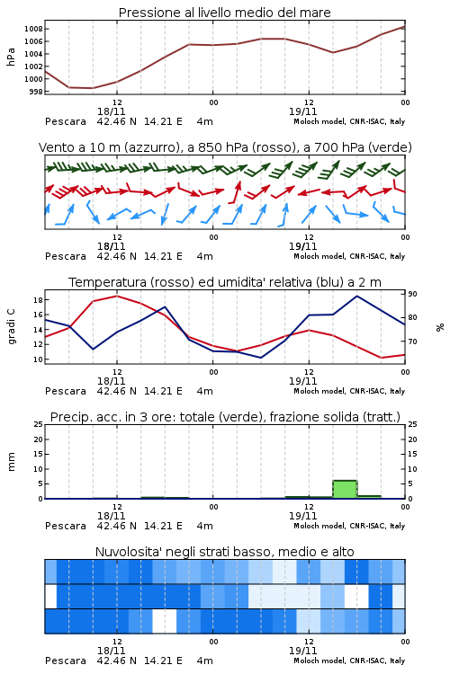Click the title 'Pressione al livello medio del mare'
coord(224,13)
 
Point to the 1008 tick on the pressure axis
coord(33,30)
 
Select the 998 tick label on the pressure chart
coord(36,92)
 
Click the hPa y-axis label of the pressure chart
coord(11,57)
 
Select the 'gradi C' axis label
coord(12,327)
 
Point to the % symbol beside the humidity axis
coord(440,327)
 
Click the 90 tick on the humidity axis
coord(412,294)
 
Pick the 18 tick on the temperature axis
coord(38,300)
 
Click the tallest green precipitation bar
coord(345,490)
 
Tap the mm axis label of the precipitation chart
coord(11,462)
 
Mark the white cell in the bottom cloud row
coord(165,621)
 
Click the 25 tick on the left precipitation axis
coord(38,424)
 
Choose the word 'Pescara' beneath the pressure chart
coord(66,121)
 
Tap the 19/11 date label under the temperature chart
coord(302,381)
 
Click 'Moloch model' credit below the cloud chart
coord(319,661)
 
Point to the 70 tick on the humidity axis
coord(412,341)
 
